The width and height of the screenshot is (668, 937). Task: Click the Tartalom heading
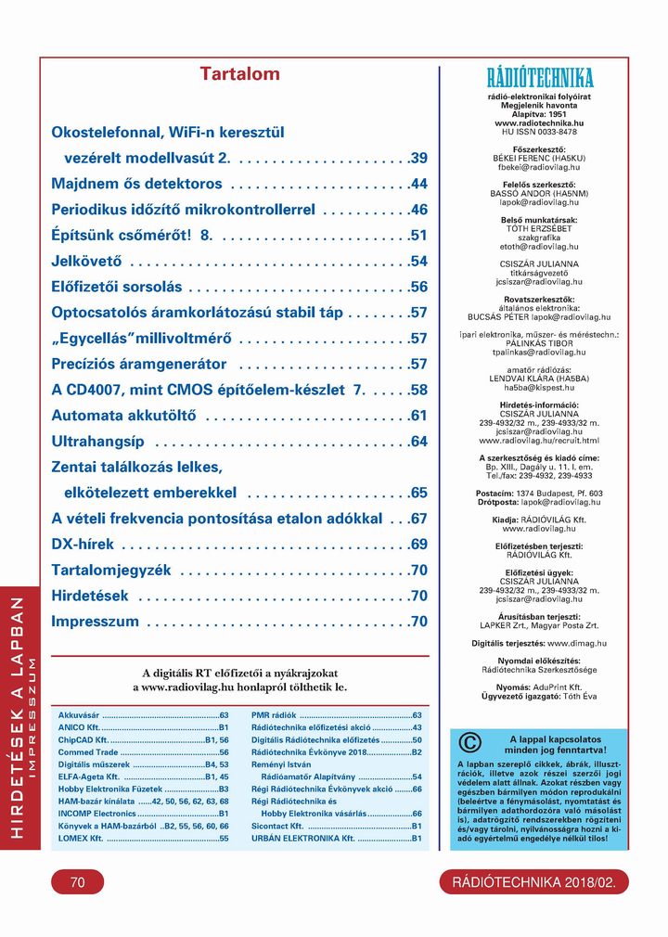(x=239, y=74)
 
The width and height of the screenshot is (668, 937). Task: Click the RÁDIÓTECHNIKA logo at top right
(x=539, y=77)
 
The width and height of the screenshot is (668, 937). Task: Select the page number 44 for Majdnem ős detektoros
(x=418, y=184)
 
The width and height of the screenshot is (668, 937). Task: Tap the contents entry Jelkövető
(x=86, y=261)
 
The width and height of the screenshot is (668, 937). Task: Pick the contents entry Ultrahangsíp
(x=96, y=441)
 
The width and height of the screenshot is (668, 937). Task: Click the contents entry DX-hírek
(x=83, y=544)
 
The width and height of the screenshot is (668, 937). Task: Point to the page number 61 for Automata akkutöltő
(x=418, y=416)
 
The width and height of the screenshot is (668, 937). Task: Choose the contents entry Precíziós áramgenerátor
(x=138, y=364)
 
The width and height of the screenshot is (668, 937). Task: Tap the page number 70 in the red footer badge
(x=77, y=883)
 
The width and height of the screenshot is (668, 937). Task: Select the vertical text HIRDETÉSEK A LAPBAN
(x=17, y=719)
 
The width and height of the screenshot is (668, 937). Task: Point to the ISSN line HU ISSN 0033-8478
(x=539, y=132)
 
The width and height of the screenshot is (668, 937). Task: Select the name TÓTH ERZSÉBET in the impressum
(x=539, y=228)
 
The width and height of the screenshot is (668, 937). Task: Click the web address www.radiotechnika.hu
(x=539, y=122)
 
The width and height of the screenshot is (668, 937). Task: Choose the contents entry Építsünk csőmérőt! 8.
(x=132, y=236)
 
